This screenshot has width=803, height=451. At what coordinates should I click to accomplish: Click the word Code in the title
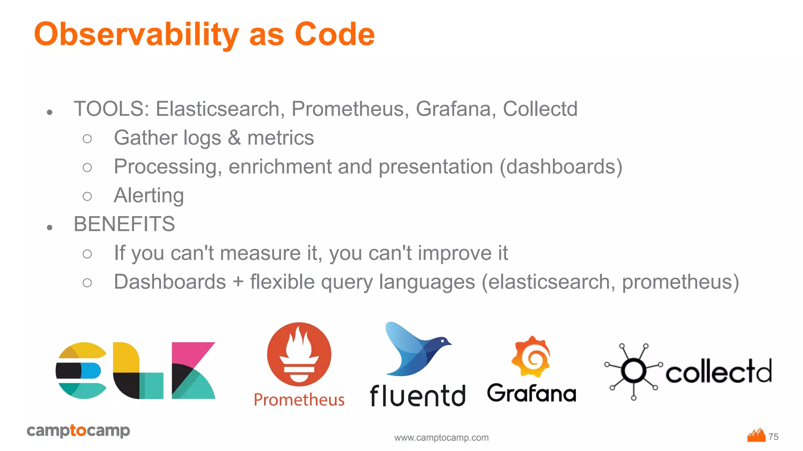pyautogui.click(x=334, y=34)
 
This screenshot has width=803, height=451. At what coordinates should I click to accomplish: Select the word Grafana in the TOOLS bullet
pyautogui.click(x=452, y=109)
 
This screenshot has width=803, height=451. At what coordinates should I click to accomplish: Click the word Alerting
pyautogui.click(x=149, y=195)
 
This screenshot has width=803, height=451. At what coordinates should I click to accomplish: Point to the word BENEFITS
pyautogui.click(x=124, y=224)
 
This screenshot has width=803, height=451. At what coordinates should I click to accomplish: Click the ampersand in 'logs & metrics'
pyautogui.click(x=234, y=138)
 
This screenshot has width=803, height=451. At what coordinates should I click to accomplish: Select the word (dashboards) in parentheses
pyautogui.click(x=561, y=167)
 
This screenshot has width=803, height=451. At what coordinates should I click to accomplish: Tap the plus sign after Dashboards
pyautogui.click(x=238, y=282)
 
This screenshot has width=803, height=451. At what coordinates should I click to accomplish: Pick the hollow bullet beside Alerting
pyautogui.click(x=87, y=196)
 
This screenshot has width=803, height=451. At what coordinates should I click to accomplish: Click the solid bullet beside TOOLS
pyautogui.click(x=49, y=113)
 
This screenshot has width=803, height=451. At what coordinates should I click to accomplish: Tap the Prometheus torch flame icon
pyautogui.click(x=299, y=354)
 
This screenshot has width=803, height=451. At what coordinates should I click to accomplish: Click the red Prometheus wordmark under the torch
pyautogui.click(x=299, y=400)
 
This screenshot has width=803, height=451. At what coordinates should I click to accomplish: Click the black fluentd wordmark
pyautogui.click(x=417, y=396)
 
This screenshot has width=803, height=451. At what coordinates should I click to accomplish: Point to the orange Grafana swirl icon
pyautogui.click(x=531, y=357)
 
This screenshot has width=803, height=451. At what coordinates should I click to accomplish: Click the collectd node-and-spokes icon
pyautogui.click(x=633, y=370)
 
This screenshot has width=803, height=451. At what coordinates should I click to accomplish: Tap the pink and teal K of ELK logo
pyautogui.click(x=193, y=370)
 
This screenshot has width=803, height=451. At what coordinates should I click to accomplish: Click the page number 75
pyautogui.click(x=773, y=437)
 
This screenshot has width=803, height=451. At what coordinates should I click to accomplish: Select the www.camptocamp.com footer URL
pyautogui.click(x=441, y=438)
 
